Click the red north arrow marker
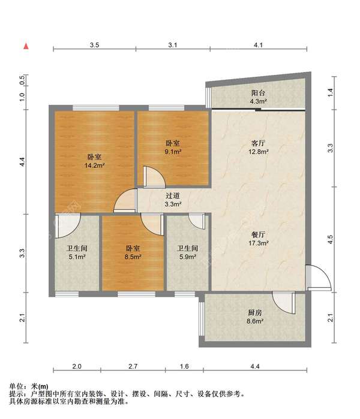tap(26, 46)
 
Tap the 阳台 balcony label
tap(258, 93)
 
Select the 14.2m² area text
tap(94, 165)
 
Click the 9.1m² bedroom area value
tap(173, 152)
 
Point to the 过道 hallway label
tap(173, 195)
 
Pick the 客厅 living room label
tap(259, 143)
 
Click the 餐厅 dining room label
tap(259, 234)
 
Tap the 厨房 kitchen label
tap(255, 312)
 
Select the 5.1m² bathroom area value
tap(77, 257)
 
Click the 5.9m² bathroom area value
tap(188, 257)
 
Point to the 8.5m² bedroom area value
tap(133, 257)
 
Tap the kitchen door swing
tap(284, 303)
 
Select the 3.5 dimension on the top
tap(94, 45)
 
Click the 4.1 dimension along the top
tap(258, 45)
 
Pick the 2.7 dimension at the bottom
tap(133, 366)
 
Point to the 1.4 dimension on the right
tap(331, 92)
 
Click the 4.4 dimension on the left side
tap(22, 162)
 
